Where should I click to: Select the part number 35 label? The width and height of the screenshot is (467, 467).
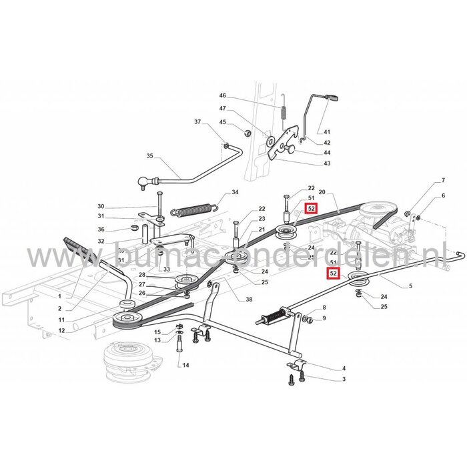(x=149, y=156)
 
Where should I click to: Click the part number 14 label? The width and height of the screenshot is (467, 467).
(x=185, y=365)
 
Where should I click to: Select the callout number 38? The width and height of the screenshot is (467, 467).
(x=230, y=300)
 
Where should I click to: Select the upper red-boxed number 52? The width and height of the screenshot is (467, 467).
(x=311, y=209)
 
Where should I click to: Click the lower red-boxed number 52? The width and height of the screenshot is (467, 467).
(x=332, y=273)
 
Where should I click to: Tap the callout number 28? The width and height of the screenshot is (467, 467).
(x=141, y=275)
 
